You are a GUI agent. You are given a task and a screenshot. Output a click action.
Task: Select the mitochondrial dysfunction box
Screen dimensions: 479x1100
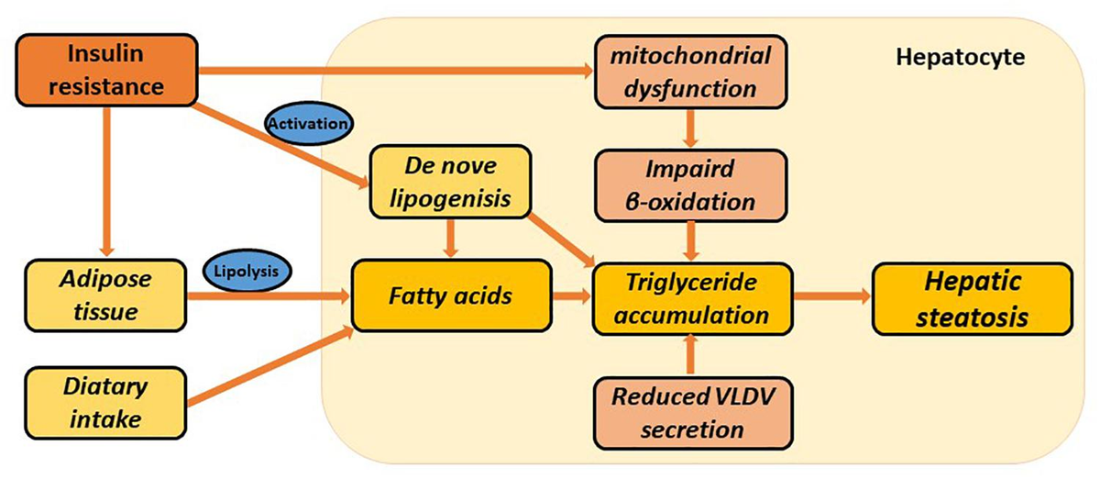tap(690, 72)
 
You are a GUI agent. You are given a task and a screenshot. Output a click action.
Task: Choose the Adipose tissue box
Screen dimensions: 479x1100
tap(105, 295)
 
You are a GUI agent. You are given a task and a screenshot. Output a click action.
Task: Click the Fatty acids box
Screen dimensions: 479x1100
tap(451, 295)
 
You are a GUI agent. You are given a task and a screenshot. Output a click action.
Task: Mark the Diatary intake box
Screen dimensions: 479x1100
tap(105, 401)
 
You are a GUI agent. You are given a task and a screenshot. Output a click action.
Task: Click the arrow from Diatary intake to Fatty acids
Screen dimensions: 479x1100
tap(270, 367)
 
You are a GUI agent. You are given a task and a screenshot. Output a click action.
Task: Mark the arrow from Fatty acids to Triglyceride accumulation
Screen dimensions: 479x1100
tap(572, 295)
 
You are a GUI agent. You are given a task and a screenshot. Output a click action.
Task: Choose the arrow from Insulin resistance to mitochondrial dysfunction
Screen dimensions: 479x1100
tap(394, 69)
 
